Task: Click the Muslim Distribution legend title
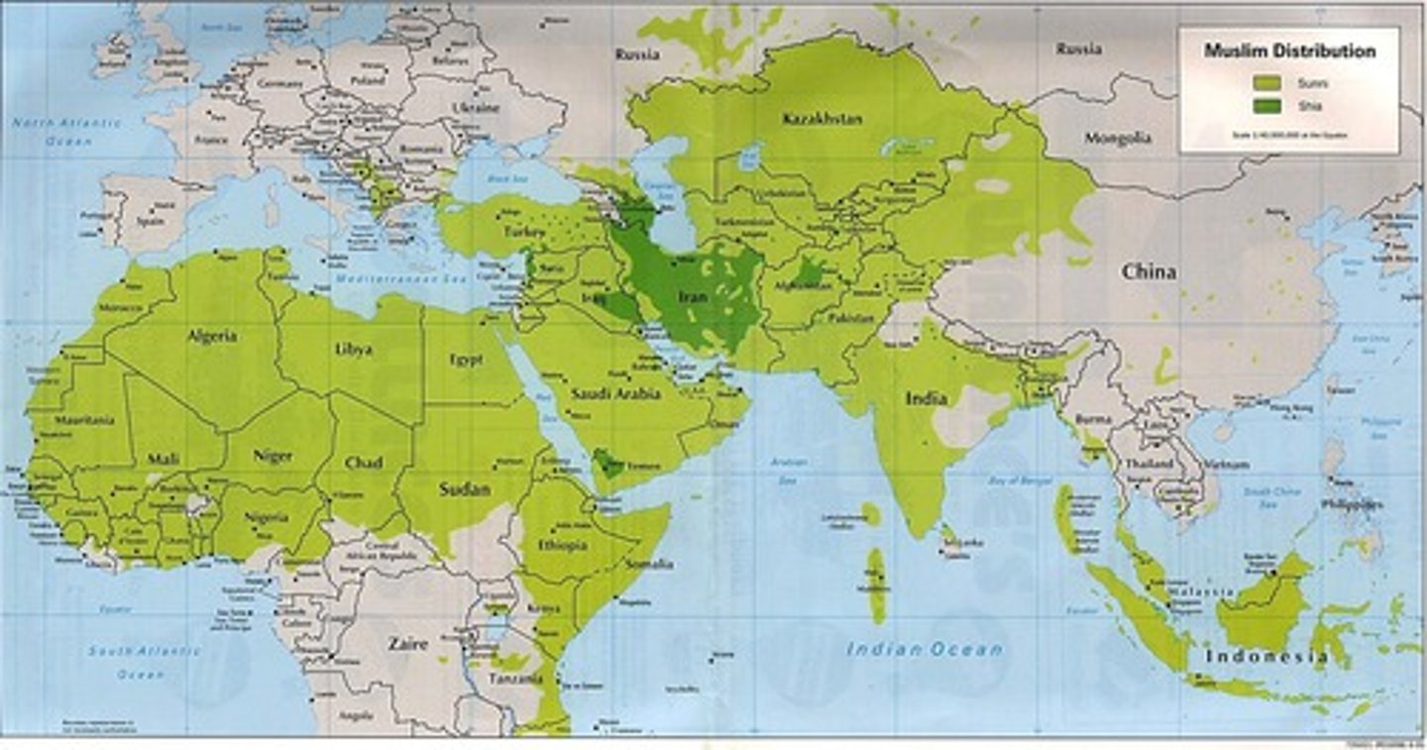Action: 1289,51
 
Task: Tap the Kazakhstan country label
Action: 822,119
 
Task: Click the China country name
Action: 1149,271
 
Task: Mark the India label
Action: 926,398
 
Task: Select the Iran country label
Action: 692,296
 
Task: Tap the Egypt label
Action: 466,360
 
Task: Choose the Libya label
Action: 354,350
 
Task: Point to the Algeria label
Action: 212,336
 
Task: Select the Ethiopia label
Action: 563,545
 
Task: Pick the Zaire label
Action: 407,644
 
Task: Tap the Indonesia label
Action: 1265,656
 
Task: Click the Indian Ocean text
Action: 924,650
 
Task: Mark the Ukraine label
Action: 476,107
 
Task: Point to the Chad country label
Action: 364,463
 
